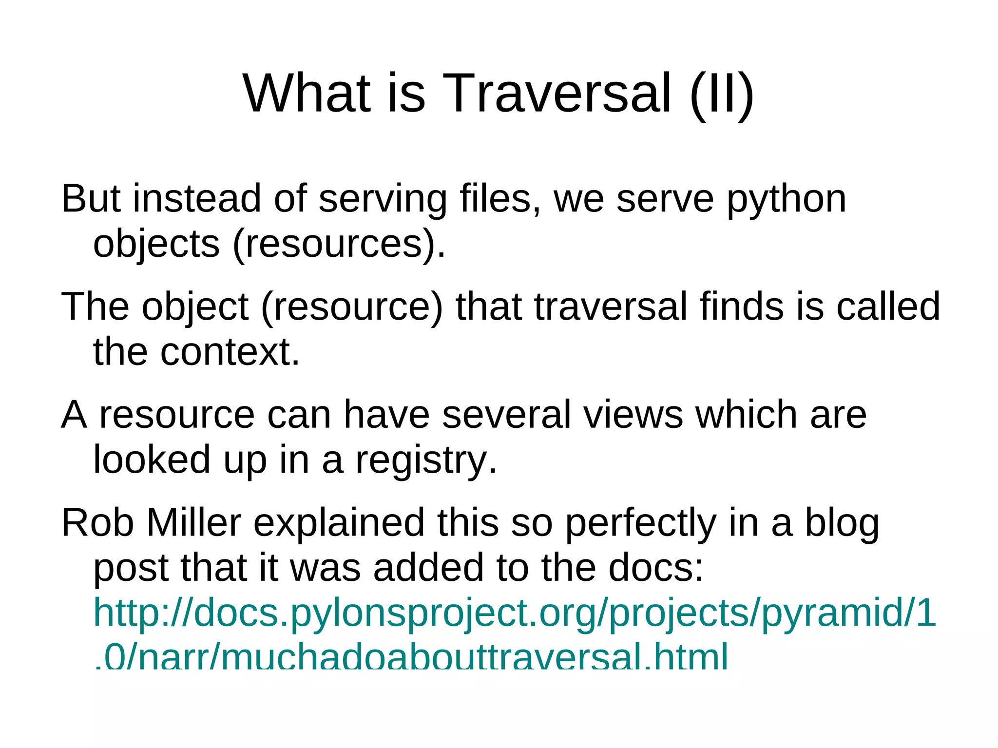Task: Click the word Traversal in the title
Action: pyautogui.click(x=557, y=93)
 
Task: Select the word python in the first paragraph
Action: pyautogui.click(x=787, y=200)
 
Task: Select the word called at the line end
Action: pyautogui.click(x=888, y=307)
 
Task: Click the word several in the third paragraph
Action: pyautogui.click(x=506, y=415)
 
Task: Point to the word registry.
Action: pyautogui.click(x=426, y=460)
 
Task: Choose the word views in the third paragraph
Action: pyautogui.click(x=633, y=415)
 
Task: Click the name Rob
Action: pyautogui.click(x=97, y=523)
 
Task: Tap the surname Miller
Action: pyautogui.click(x=194, y=523)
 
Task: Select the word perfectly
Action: pyautogui.click(x=640, y=524)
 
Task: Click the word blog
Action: pyautogui.click(x=842, y=524)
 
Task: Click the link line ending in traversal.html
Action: pyautogui.click(x=411, y=657)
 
